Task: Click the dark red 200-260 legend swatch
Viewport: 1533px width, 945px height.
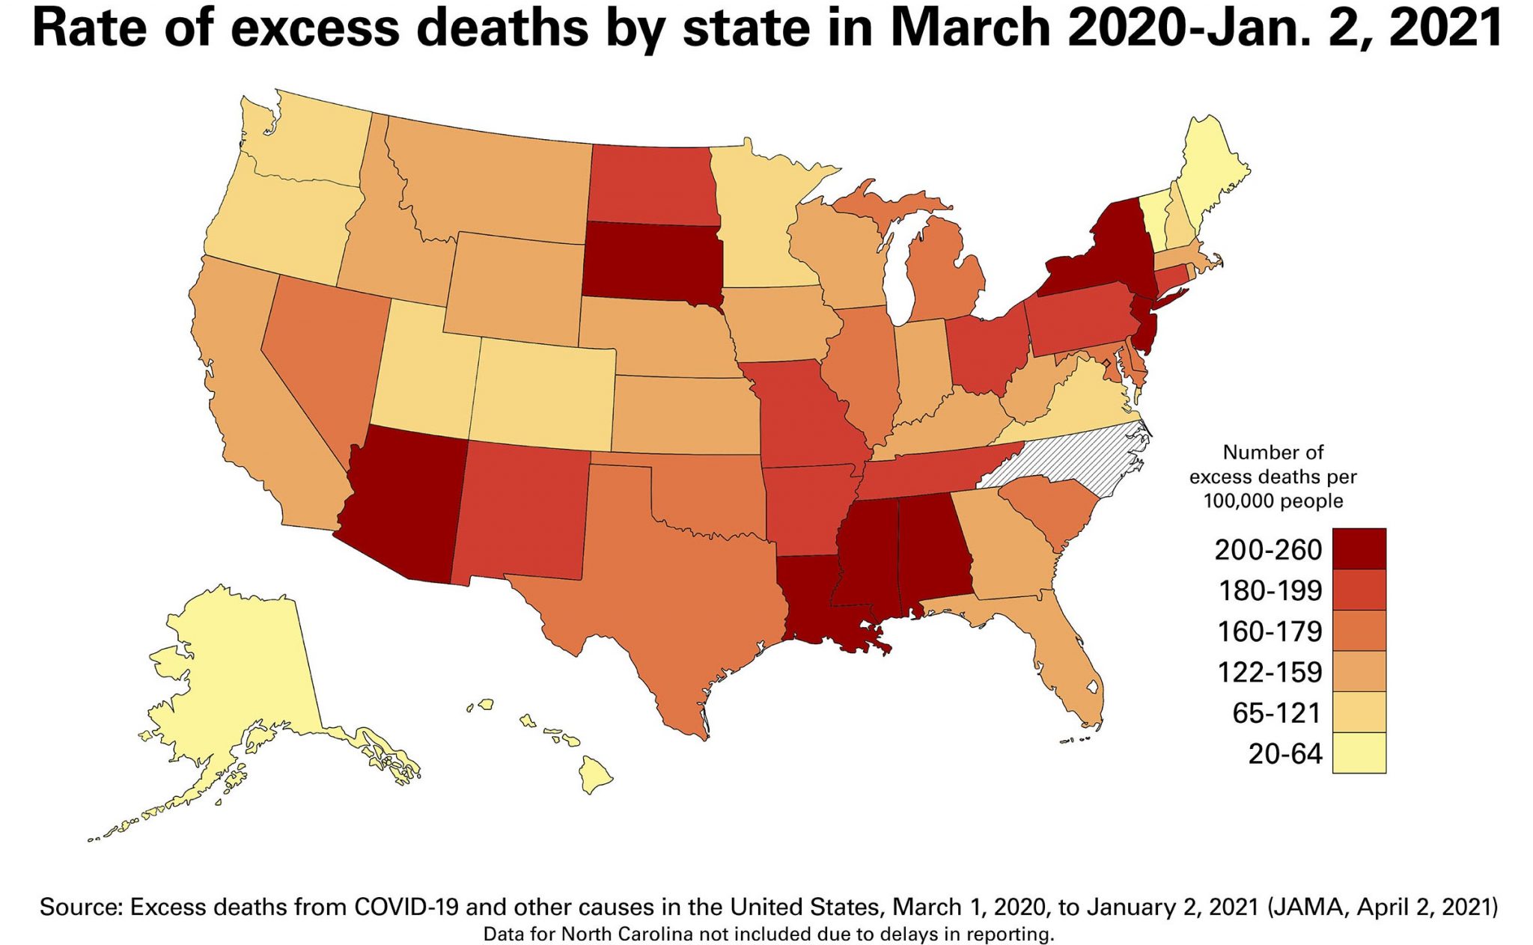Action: (x=1359, y=548)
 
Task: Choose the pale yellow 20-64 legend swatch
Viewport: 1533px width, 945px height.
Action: (x=1359, y=752)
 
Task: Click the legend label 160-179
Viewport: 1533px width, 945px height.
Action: (x=1270, y=631)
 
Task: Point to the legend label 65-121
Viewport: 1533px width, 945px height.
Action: (x=1276, y=713)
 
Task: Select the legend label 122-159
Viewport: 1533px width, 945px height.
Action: (x=1270, y=672)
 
